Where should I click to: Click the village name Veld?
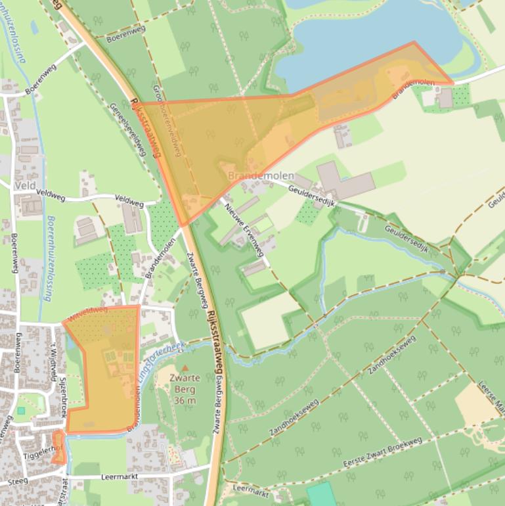pos(24,186)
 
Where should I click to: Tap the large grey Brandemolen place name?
pos(261,176)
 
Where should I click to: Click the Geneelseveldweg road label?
pos(127,129)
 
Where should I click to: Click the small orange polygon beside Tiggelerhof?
pos(58,447)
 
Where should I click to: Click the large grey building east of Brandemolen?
pos(342,181)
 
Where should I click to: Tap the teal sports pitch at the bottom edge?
pos(320,494)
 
